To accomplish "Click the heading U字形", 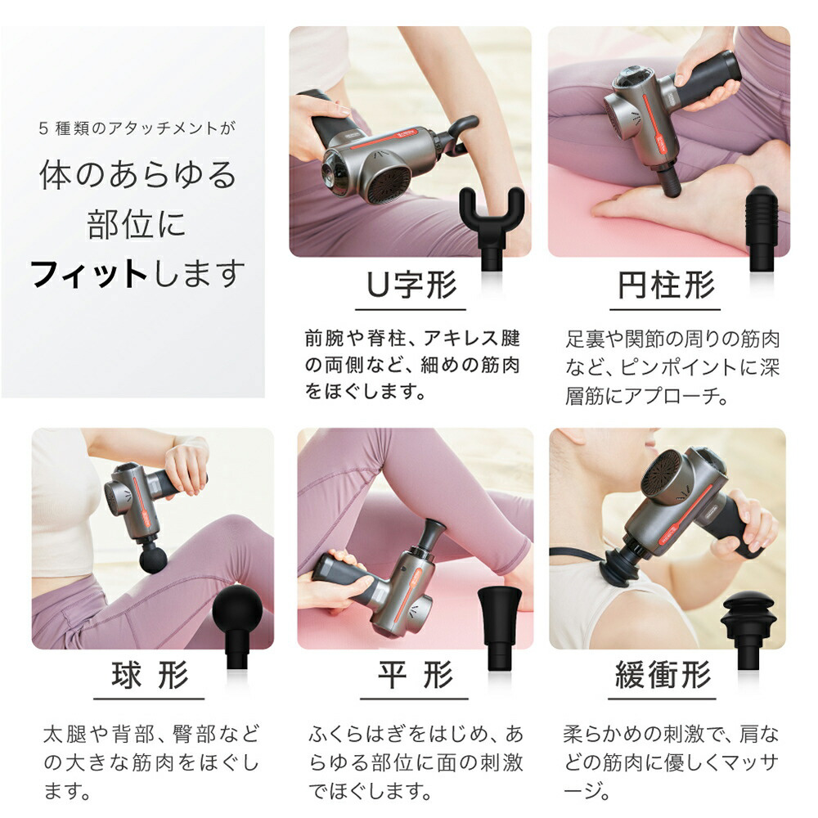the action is click(411, 285).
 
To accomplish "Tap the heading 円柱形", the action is click(666, 285).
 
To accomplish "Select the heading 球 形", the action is click(150, 675).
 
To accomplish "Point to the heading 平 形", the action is click(416, 675).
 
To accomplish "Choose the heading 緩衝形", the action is click(663, 675).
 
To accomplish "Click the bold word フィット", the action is click(88, 274).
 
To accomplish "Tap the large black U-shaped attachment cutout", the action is click(492, 227).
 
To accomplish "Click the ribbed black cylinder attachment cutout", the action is click(762, 227).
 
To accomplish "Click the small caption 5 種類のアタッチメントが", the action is click(137, 128).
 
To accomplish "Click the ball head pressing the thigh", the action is click(154, 559).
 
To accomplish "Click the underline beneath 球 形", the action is click(149, 699).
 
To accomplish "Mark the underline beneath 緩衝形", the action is click(662, 699).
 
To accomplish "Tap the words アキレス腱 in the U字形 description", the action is click(472, 339).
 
